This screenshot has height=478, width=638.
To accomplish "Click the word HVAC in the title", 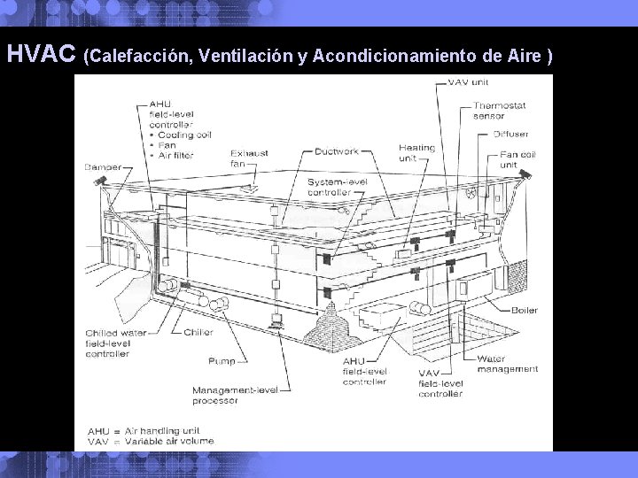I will coord(41,55).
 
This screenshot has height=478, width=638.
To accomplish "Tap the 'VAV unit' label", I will coord(469,83).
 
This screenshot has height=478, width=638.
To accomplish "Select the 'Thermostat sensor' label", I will coord(499,111).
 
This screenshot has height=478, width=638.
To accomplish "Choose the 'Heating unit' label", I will coord(416,153).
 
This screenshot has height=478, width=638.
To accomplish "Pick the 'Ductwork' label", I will coord(337,151).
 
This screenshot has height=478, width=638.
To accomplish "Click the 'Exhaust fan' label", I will coord(248,158).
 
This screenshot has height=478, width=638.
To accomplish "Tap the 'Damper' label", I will coord(103,166).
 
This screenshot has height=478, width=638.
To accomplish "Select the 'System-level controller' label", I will coord(331,186).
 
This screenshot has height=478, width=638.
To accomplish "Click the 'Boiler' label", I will coord(524,310).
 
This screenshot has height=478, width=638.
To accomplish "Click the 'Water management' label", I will coord(507,363).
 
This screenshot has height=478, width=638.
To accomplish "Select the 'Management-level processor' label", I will coord(226,395).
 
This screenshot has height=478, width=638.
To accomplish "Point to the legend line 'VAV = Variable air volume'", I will coord(150,441).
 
